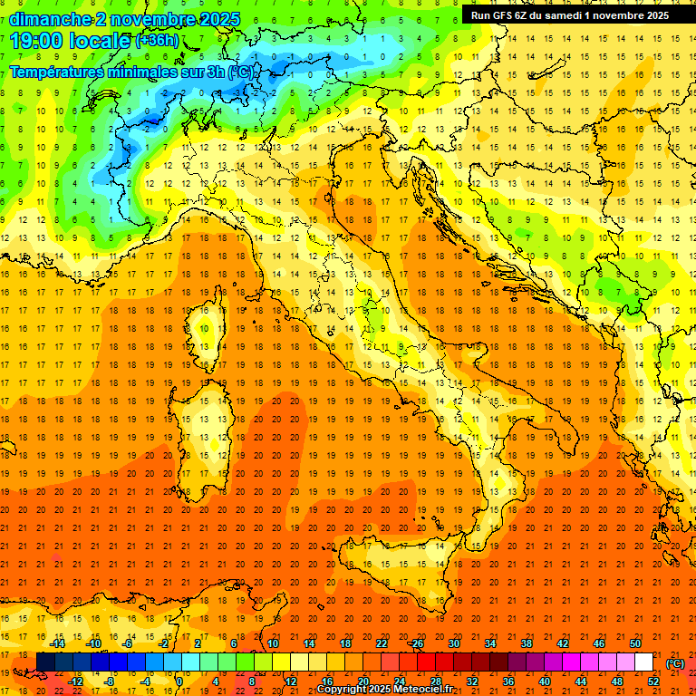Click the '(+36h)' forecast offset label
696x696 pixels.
click(157, 41)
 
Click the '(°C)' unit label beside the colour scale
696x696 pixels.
click(676, 663)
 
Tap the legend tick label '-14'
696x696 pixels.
click(57, 643)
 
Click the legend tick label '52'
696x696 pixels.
click(652, 681)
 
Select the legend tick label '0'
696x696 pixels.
click(179, 681)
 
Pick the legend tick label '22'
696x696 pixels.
click(382, 643)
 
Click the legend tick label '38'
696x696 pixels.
click(527, 643)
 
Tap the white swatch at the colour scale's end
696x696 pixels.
click(644, 662)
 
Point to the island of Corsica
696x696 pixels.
click(210, 325)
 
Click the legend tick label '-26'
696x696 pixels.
click(416, 643)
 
